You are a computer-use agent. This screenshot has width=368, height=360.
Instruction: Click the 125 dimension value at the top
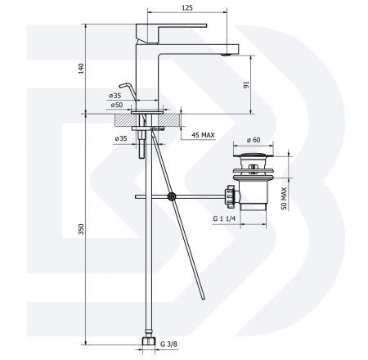point(187,7)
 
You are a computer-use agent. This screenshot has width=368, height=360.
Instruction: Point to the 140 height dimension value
point(81,69)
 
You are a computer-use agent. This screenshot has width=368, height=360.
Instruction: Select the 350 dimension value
point(81,229)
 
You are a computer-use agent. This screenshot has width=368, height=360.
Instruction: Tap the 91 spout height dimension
point(247,84)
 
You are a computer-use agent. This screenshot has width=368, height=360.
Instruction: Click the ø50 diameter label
point(117,105)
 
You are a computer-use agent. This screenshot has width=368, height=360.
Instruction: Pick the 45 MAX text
point(203,135)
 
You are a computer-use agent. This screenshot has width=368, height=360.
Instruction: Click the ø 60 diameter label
point(254,140)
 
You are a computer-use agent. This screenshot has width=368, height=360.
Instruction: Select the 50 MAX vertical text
point(284,198)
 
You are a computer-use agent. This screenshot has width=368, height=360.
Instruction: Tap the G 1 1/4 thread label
point(224,218)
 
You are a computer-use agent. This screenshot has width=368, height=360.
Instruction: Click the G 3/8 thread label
point(168,344)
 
